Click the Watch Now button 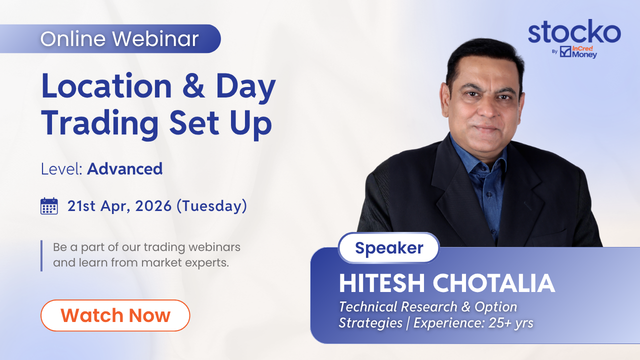tap(115, 315)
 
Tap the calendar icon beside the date tap(49, 206)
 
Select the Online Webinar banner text tap(119, 39)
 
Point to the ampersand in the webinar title tap(193, 85)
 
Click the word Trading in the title tap(100, 123)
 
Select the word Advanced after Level tap(125, 169)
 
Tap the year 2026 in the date tap(153, 206)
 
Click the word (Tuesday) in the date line tap(211, 206)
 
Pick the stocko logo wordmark tap(574, 31)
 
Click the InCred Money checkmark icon tap(565, 51)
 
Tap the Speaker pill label tap(389, 247)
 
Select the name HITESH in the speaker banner tap(381, 283)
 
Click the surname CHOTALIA tap(494, 283)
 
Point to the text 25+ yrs tap(511, 323)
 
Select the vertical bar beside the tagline tap(41, 255)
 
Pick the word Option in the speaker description tap(495, 307)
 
